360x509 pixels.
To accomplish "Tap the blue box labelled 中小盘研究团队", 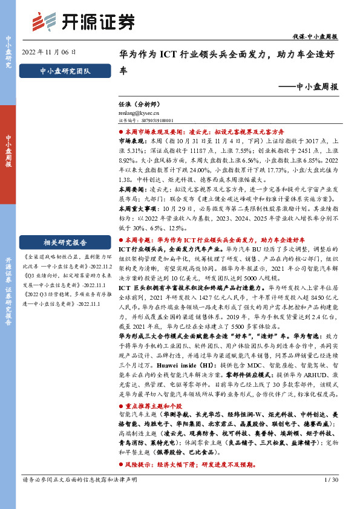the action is click(64, 71).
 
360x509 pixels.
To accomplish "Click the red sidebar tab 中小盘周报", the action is click(8, 151).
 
